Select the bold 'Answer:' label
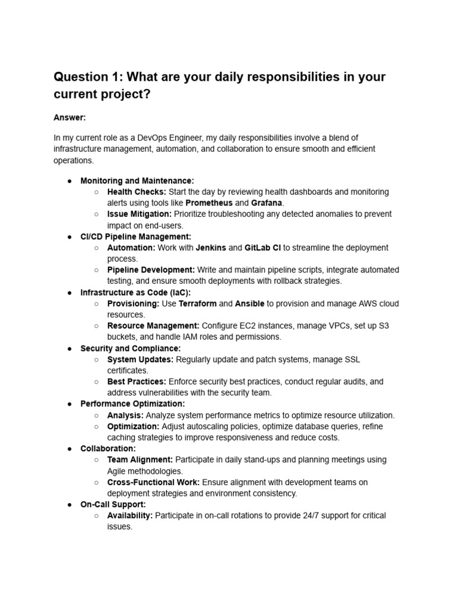69,118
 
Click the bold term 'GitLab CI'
262,248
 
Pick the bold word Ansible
249,303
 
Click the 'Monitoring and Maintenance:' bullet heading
137,180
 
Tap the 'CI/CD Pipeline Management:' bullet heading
136,236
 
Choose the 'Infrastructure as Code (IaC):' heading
135,292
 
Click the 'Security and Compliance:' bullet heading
131,348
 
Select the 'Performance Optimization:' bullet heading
132,404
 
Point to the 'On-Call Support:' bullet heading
113,504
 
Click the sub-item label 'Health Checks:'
137,192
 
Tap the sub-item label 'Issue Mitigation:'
140,214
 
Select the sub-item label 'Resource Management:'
153,325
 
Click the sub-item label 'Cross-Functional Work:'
154,482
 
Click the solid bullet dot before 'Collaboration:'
69,448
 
